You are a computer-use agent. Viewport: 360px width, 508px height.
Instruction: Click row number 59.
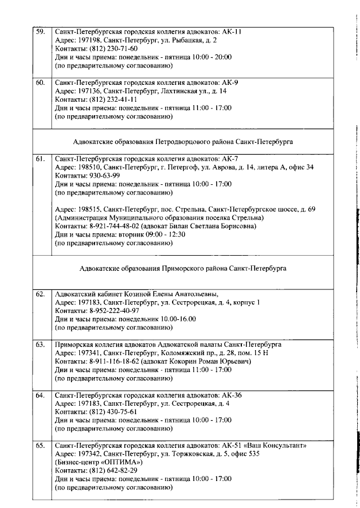tap(40, 31)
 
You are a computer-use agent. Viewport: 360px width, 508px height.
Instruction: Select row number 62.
tap(40, 293)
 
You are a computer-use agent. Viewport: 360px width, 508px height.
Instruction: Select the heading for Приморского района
tap(183, 269)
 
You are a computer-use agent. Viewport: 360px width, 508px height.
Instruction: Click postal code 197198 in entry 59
tap(91, 40)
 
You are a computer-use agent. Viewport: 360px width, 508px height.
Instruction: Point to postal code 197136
tap(91, 90)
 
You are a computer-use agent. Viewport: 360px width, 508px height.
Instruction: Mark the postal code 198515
tap(91, 209)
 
